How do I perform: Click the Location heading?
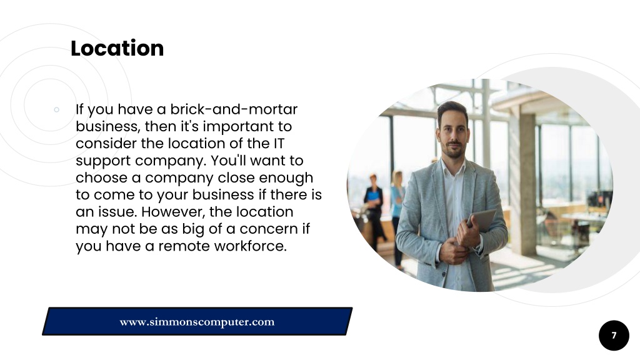click(x=117, y=48)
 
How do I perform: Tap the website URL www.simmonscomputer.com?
click(x=197, y=322)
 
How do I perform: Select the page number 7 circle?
click(x=614, y=336)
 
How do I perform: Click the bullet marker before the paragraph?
click(x=56, y=109)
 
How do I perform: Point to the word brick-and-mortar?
click(x=234, y=109)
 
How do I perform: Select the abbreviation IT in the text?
click(x=278, y=143)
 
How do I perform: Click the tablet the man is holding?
click(x=482, y=220)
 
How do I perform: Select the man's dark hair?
click(x=452, y=110)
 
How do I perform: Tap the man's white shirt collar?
click(x=453, y=168)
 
